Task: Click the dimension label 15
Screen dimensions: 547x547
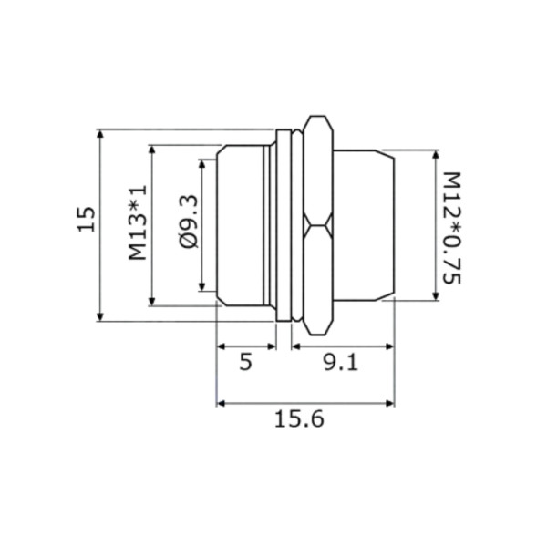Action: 86,219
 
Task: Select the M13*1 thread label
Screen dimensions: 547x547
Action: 138,222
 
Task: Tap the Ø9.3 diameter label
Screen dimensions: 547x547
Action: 189,222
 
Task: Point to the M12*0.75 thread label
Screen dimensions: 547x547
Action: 452,228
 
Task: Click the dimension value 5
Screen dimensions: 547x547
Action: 245,362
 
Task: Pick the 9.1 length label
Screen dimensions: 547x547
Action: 341,363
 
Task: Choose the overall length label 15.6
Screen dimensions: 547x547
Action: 299,419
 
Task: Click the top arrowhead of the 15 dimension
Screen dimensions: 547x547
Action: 100,135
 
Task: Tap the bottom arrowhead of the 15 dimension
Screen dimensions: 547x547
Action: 100,315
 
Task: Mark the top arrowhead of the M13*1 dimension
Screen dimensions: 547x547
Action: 151,150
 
